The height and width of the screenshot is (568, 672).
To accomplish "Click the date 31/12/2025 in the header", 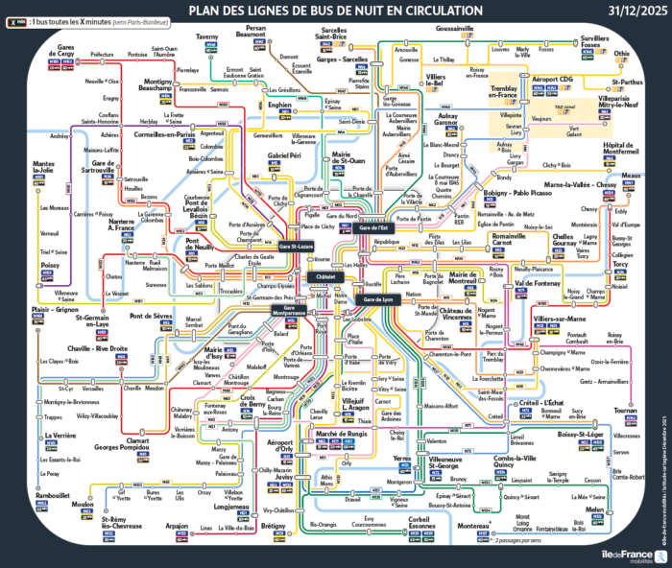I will click(x=635, y=11).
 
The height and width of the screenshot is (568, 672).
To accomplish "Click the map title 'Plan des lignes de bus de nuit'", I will click(x=335, y=11).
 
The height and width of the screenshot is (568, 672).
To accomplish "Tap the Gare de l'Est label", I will click(x=373, y=228).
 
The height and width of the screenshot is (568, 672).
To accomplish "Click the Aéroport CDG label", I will click(x=552, y=79).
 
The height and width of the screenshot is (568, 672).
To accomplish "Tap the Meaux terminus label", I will click(x=631, y=176).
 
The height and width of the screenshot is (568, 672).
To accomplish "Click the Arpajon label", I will click(x=178, y=527).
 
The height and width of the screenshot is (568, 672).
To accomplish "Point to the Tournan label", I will click(x=625, y=410).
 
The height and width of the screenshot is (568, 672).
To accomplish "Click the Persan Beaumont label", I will click(x=255, y=32).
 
